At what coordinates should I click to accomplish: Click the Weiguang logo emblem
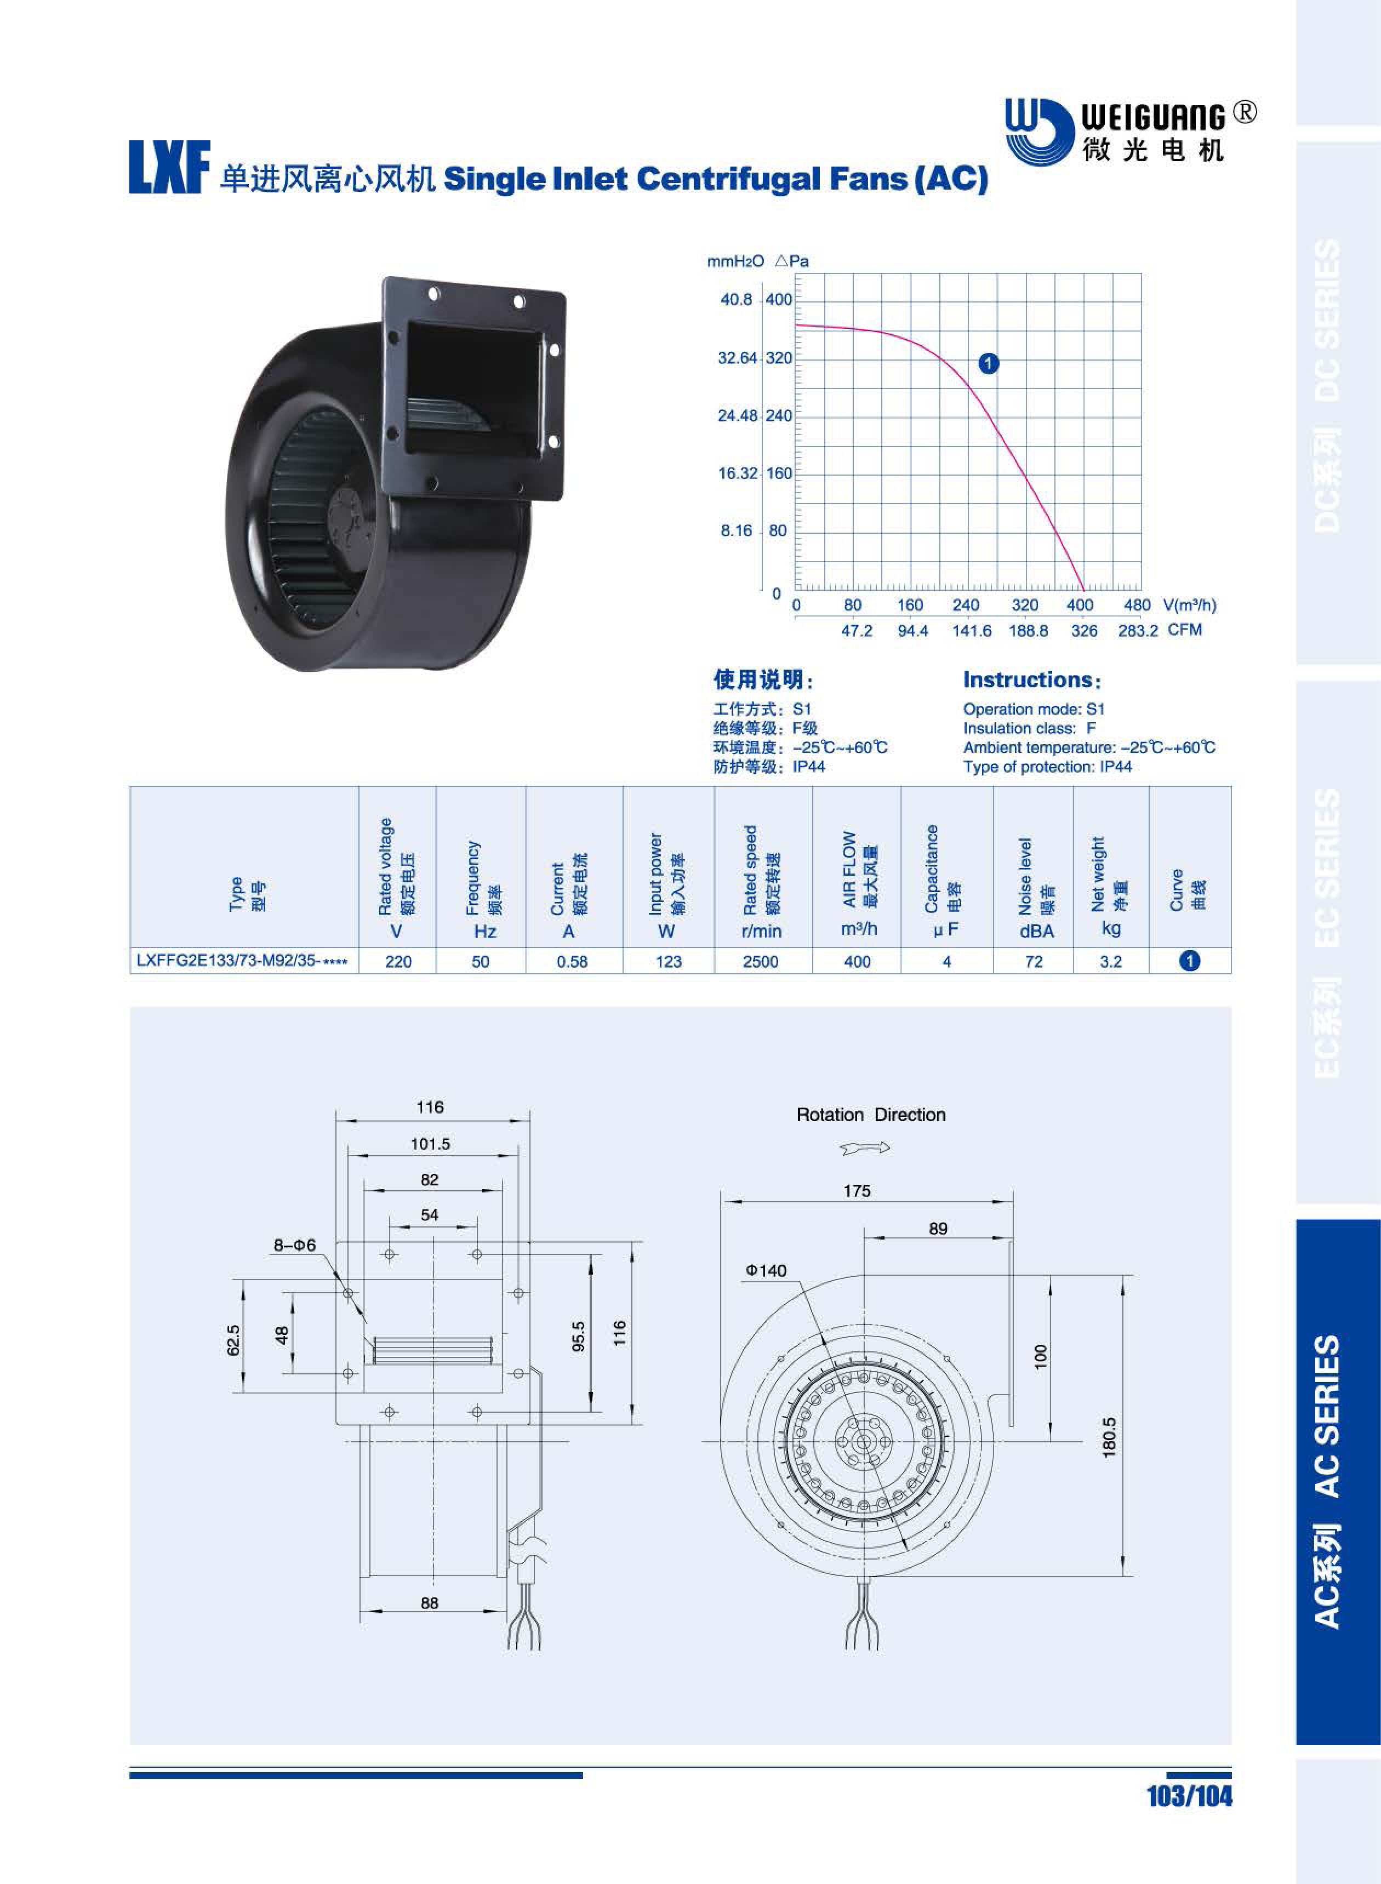(x=1038, y=132)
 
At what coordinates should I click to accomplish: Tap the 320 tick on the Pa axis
(x=778, y=358)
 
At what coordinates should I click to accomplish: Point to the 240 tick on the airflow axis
(x=966, y=605)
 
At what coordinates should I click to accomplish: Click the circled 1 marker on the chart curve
(x=988, y=364)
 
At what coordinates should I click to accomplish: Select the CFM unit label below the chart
(x=1185, y=630)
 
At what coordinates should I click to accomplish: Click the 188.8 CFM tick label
(x=1028, y=630)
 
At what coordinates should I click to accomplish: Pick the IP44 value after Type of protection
(x=1116, y=767)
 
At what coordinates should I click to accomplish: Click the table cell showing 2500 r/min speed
(x=761, y=961)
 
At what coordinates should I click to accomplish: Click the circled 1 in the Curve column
(x=1190, y=961)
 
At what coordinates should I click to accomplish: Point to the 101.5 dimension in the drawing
(x=431, y=1144)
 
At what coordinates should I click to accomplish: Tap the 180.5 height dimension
(x=1109, y=1437)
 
